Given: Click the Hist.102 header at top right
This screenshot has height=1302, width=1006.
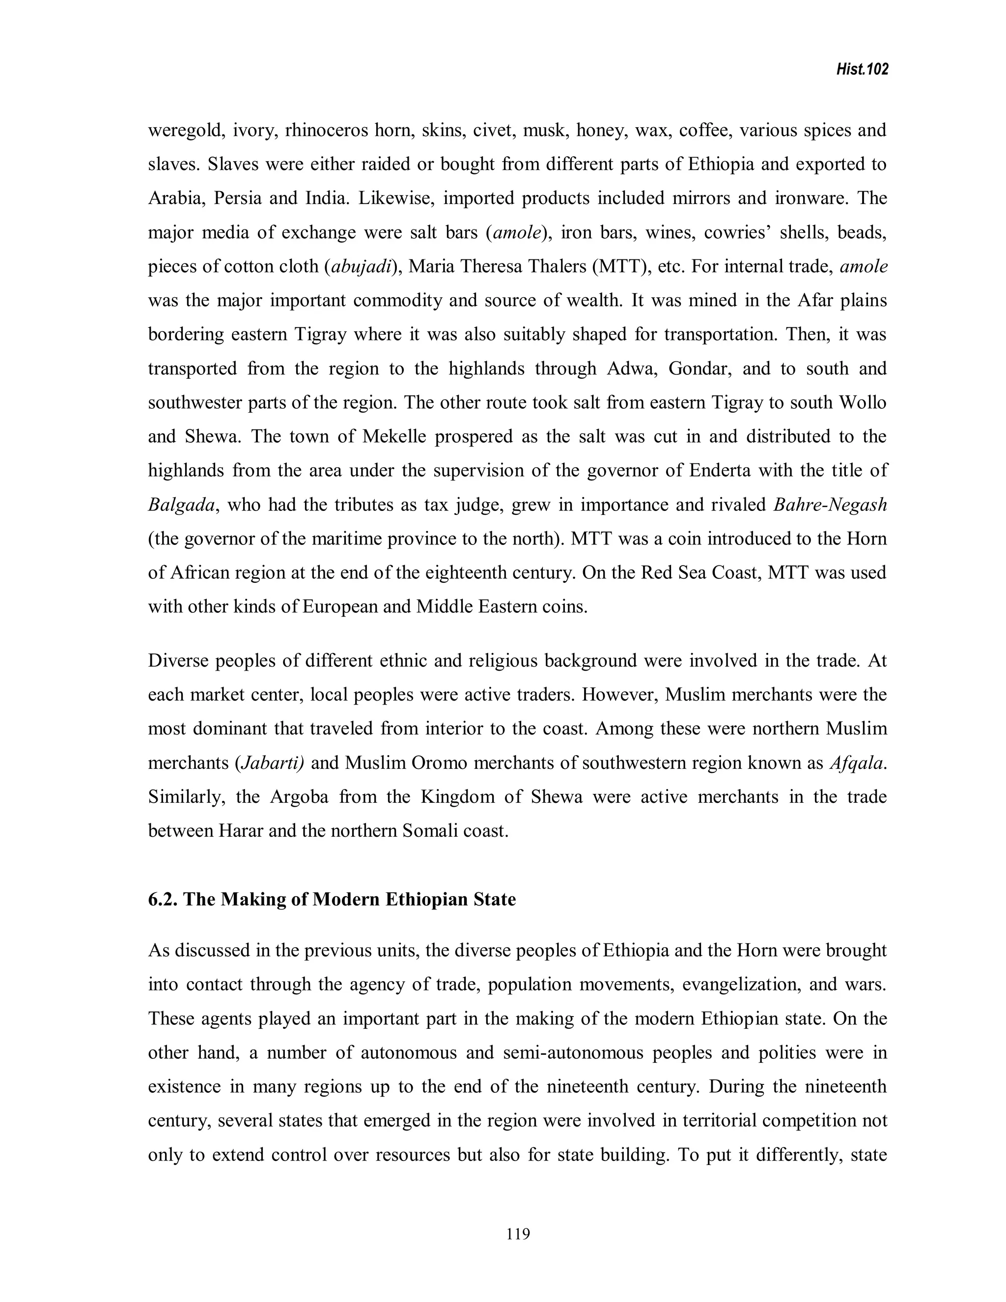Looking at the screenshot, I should tap(864, 70).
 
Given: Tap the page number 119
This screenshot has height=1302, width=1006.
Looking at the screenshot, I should tap(517, 1233).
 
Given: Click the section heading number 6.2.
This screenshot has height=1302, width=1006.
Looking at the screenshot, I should tap(162, 899).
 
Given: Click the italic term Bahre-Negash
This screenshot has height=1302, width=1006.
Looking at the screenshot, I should tap(830, 505).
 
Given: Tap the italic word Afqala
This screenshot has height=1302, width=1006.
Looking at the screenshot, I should tap(856, 763).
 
